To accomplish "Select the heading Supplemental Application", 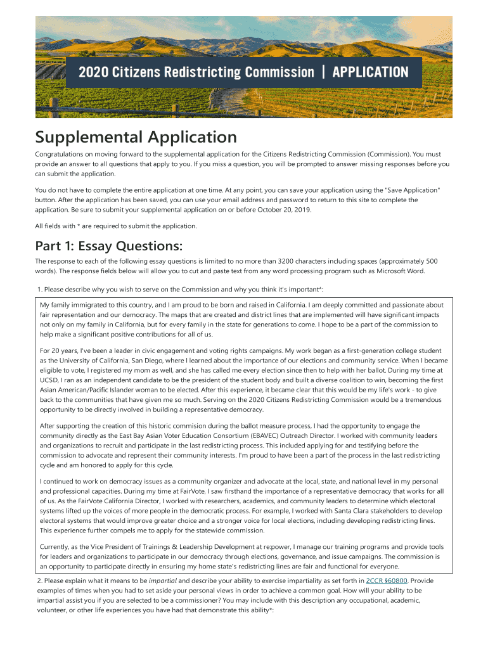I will [136, 137].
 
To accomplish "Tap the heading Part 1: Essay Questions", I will [108, 247].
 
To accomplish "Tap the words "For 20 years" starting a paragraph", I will [59, 350].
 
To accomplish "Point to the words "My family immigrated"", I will [71, 305].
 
